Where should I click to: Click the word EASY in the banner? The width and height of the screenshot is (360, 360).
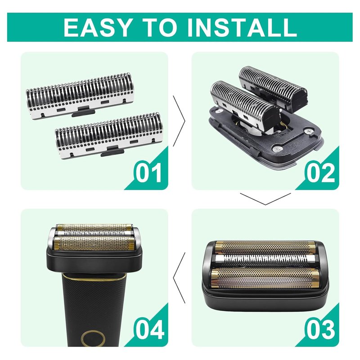pos(98,27)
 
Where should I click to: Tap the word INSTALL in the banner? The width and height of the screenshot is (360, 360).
pos(242,27)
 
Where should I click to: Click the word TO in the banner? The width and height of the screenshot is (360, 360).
pos(160,27)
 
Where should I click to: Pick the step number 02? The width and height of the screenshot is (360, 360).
pos(320,173)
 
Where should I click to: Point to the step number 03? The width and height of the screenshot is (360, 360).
pos(320,329)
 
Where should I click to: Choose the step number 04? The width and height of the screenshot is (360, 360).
pos(149,329)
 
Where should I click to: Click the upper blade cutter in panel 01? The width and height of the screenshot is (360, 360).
pos(80,96)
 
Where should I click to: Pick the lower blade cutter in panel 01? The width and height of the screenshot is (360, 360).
pos(109,135)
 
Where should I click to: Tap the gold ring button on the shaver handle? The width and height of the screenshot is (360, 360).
pos(93,338)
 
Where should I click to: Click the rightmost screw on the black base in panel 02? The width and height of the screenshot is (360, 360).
pos(308,131)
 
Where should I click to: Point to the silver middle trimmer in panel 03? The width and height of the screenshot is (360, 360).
pos(265,259)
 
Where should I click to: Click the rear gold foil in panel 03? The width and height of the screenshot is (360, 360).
pos(265,247)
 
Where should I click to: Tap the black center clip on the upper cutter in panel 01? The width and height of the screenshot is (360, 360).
pos(83,111)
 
